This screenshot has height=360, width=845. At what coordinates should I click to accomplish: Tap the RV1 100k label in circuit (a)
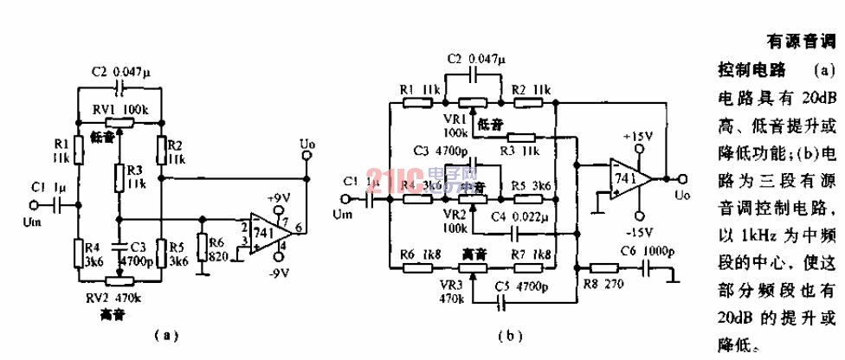120,111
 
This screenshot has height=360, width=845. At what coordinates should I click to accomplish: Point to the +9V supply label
279,198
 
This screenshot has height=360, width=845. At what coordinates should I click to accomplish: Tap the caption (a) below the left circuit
164,335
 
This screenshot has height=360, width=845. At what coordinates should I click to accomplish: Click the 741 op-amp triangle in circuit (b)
628,177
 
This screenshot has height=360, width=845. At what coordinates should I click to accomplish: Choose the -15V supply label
638,233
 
